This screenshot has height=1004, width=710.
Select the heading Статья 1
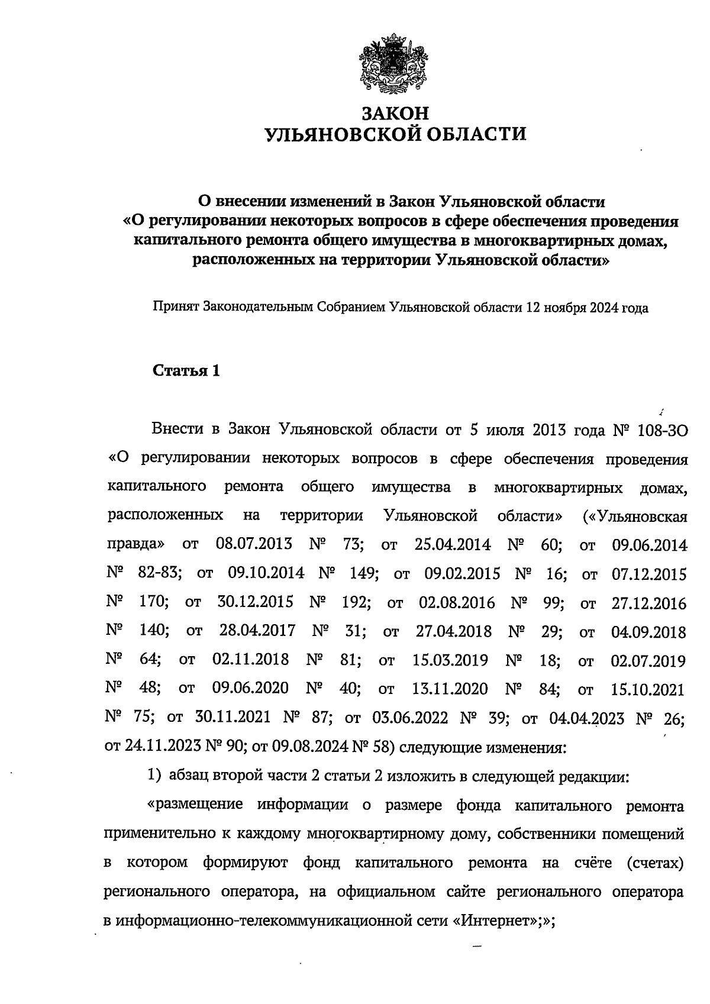186,371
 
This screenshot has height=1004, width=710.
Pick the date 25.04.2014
453,544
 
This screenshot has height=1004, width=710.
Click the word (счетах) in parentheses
655,863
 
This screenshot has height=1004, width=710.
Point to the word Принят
176,308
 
